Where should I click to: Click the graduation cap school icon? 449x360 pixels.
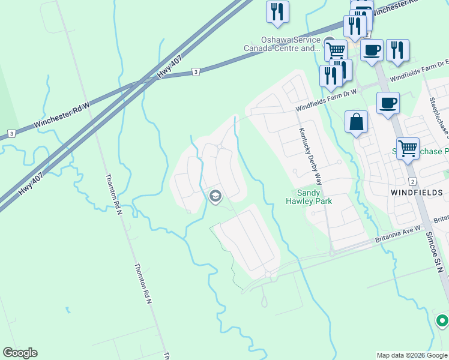[x=214, y=196]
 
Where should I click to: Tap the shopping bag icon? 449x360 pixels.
[x=357, y=122]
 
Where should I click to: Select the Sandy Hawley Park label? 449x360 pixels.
[x=315, y=197]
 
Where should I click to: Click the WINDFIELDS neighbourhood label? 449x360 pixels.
[x=418, y=193]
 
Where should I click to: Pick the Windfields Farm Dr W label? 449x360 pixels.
[x=327, y=100]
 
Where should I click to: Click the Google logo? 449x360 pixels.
[x=20, y=353]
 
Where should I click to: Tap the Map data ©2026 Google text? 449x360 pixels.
[x=412, y=355]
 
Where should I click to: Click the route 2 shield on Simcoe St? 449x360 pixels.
[x=412, y=181]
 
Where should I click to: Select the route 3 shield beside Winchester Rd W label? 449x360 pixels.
[x=11, y=133]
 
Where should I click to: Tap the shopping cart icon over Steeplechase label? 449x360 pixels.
[x=408, y=147]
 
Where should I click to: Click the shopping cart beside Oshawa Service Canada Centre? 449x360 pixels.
[x=336, y=49]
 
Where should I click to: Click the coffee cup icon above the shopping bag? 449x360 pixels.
[x=388, y=103]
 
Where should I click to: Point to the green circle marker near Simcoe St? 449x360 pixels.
[x=442, y=321]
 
